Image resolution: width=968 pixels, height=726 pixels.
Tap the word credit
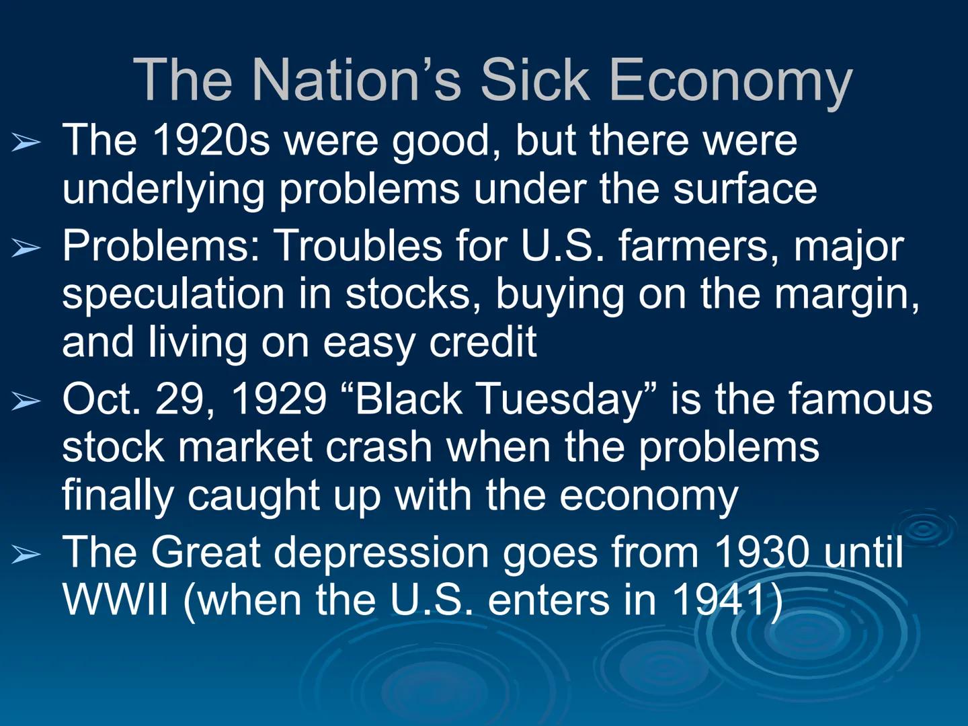click(483, 341)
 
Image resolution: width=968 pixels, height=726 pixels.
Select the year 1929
click(278, 399)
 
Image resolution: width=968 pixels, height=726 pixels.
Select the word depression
click(381, 553)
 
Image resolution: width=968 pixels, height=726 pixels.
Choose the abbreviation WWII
click(115, 600)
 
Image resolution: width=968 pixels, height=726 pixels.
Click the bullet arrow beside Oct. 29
click(26, 401)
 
